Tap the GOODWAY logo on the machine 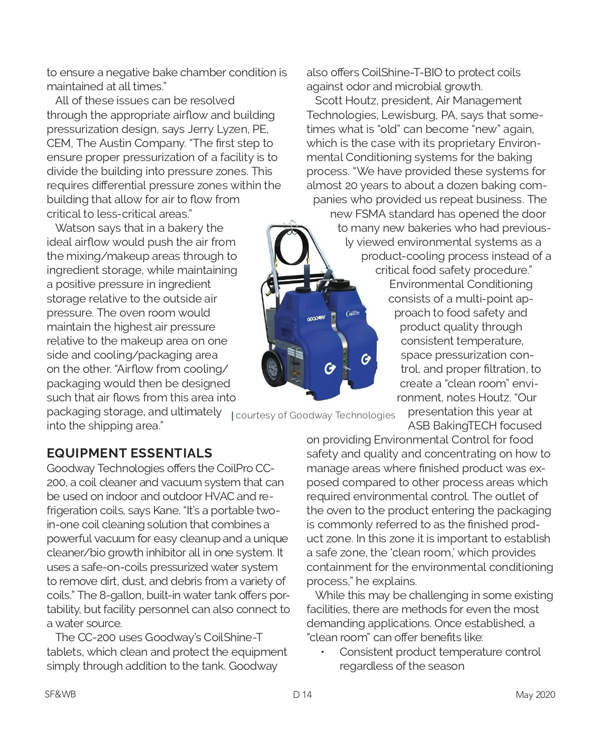click(x=316, y=319)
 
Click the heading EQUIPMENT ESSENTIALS click(x=129, y=453)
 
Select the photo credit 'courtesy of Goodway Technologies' click(x=315, y=415)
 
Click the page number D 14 click(x=303, y=694)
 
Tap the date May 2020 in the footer click(x=535, y=694)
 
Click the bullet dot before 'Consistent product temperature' click(x=323, y=652)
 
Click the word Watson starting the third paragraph click(x=74, y=228)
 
